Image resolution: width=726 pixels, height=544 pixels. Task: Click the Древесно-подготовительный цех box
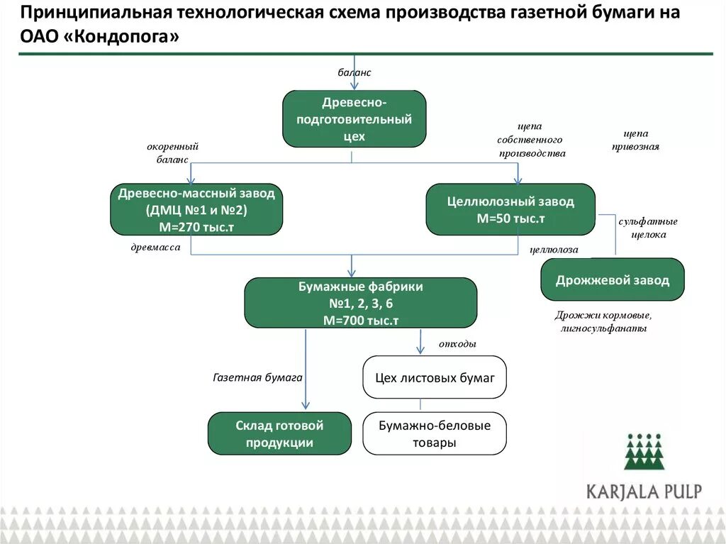coord(354,118)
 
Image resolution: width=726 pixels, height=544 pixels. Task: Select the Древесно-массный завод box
coord(196,210)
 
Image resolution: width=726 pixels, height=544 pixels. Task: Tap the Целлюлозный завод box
coord(510,210)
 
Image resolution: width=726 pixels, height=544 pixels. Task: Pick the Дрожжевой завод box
coord(613,279)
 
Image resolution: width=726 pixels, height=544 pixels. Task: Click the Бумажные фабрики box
coord(360,303)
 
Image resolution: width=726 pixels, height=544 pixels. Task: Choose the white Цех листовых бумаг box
coord(435,378)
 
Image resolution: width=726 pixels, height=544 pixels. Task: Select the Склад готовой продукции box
coord(279,433)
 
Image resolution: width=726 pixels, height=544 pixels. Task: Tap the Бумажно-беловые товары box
coord(435,433)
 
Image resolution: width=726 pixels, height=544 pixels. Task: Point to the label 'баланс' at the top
coord(354,72)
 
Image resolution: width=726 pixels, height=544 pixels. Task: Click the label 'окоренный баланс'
coord(172,152)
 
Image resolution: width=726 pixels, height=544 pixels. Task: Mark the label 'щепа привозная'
coord(635,140)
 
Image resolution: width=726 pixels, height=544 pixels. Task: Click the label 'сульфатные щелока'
coord(647,228)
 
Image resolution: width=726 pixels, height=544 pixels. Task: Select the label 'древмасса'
coord(155,248)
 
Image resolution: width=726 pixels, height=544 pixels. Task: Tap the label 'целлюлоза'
coord(554,250)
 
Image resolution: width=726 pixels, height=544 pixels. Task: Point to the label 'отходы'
coord(457,344)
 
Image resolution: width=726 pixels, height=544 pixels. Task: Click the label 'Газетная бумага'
coord(258,378)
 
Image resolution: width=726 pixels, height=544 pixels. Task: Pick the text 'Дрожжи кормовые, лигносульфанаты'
coord(603,321)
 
